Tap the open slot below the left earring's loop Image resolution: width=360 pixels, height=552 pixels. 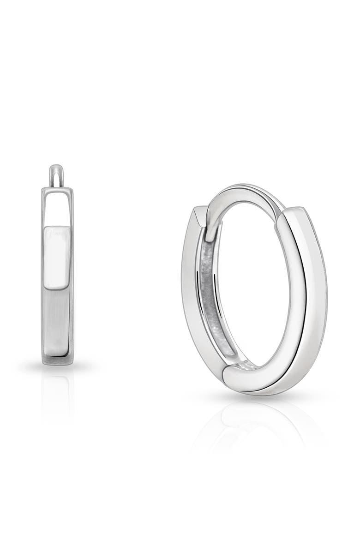coord(57,208)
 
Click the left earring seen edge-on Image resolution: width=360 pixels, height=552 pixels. coord(57,277)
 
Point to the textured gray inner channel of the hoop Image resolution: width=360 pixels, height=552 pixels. coord(207,295)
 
